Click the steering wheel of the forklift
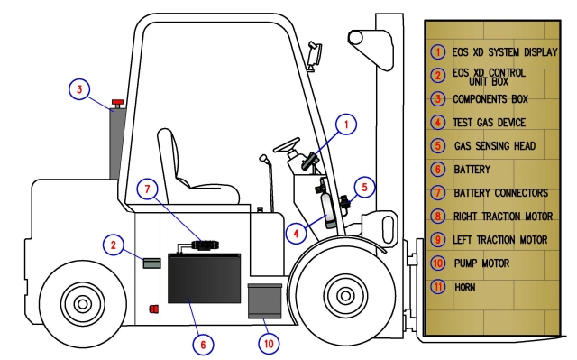[x=287, y=145]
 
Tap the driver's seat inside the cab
[x=191, y=173]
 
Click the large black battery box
[x=205, y=278]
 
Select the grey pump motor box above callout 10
[x=264, y=301]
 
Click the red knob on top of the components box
[x=118, y=102]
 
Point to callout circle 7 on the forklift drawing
[x=147, y=189]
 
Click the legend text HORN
[x=465, y=287]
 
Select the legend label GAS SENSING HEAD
[x=495, y=146]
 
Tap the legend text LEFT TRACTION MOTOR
[x=500, y=240]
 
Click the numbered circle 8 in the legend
[x=438, y=216]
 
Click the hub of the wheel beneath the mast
[x=345, y=295]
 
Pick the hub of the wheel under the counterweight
[x=83, y=304]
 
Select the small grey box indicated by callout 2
[x=151, y=263]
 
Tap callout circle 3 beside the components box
[x=79, y=89]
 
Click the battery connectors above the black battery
[x=205, y=245]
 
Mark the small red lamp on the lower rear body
[x=154, y=309]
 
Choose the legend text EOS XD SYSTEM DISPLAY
[x=505, y=52]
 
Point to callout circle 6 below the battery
[x=203, y=345]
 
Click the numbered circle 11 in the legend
[x=438, y=287]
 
